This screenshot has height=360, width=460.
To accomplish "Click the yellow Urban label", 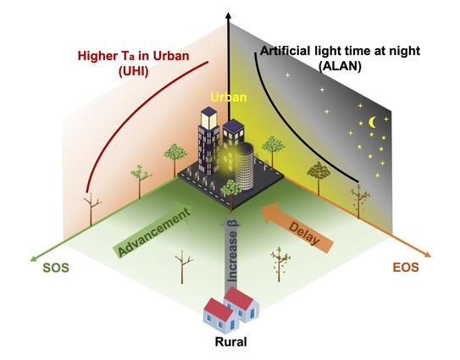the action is pos(229,97).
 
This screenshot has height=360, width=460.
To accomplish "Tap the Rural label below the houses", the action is pos(231,342).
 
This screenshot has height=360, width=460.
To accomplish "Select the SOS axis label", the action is pos(56,268).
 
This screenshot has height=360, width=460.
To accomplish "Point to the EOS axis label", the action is pos(406,268).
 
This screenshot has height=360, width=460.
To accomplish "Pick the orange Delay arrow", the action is pos(297,228).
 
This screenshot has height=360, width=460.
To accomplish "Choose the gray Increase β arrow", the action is pos(231,252).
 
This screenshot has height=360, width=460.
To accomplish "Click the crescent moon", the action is pos(372,122).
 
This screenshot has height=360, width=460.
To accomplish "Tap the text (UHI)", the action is pos(134,71).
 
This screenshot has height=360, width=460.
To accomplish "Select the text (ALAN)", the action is pos(340,67).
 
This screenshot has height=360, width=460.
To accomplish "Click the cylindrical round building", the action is pos(244,166).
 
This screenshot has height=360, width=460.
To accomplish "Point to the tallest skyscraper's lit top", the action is pos(209,118).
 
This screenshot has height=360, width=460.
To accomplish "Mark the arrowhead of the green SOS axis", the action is pos(34,258).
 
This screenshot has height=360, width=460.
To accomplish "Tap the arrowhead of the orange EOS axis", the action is pos(427,254).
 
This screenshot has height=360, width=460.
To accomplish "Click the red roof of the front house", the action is pos(218,308).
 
